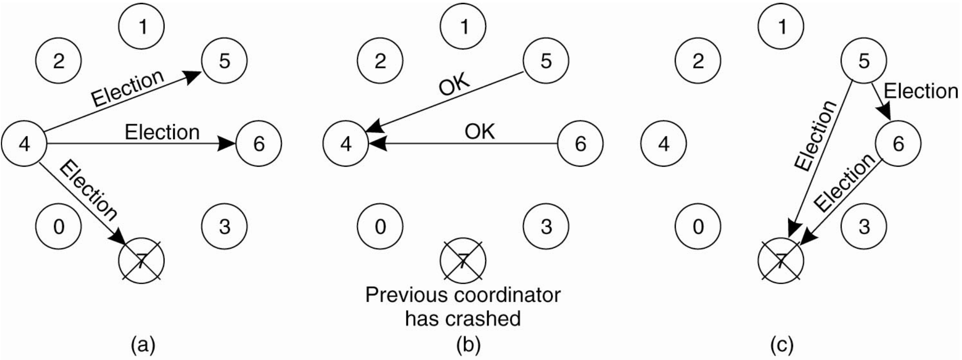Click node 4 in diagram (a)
click(x=24, y=144)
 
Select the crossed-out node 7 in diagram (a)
click(x=141, y=261)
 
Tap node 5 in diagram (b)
click(x=546, y=60)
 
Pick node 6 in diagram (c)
click(x=898, y=143)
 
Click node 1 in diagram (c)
click(x=782, y=27)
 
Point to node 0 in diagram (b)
click(x=380, y=226)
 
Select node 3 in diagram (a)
click(x=224, y=226)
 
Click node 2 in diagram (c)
click(x=698, y=60)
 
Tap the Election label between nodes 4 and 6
click(x=162, y=132)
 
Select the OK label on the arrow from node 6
click(x=480, y=131)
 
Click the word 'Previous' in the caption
click(x=409, y=295)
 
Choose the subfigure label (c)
click(x=782, y=345)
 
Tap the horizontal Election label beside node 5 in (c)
click(x=921, y=91)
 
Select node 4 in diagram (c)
click(x=664, y=144)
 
